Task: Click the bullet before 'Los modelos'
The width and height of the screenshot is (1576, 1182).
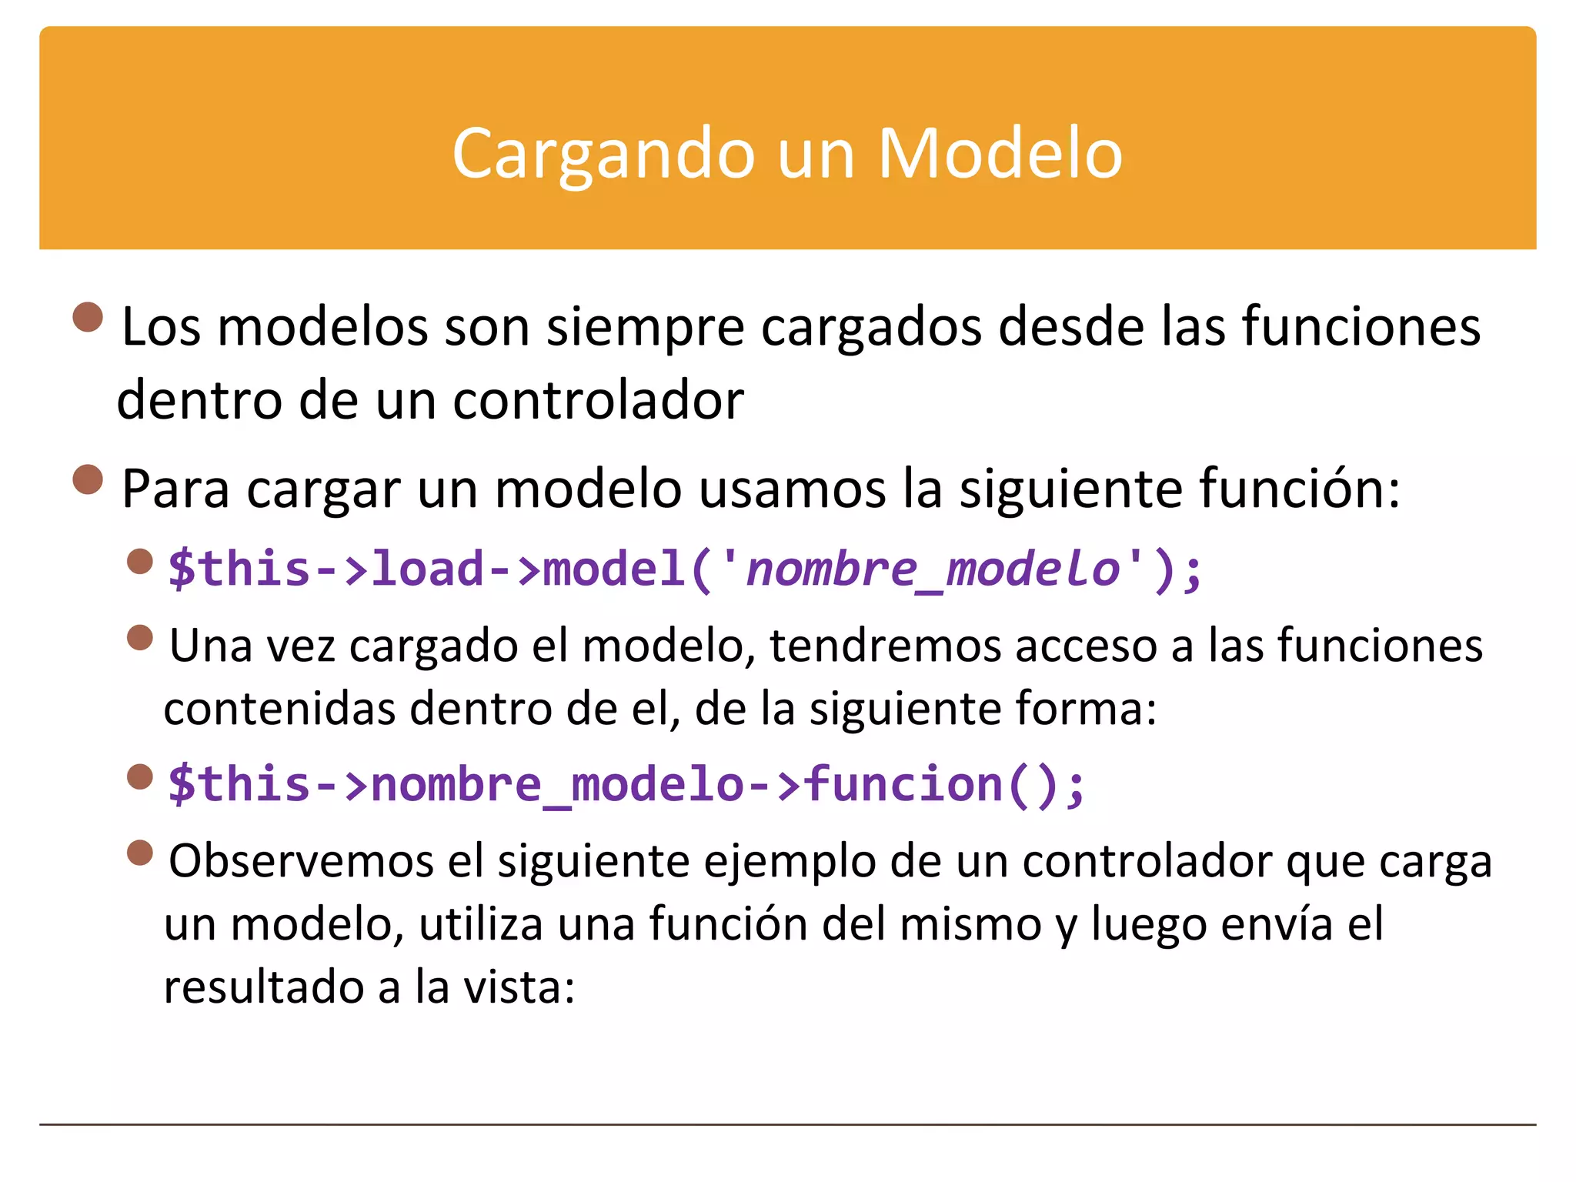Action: (x=88, y=317)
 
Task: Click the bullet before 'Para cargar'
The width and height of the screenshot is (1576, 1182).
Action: (x=88, y=479)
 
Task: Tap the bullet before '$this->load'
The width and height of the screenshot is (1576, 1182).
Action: (x=139, y=561)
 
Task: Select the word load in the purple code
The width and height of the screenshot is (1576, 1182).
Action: (x=428, y=569)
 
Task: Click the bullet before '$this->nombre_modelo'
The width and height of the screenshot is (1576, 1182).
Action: (x=139, y=776)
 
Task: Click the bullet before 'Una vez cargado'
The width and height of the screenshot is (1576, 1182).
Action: (x=139, y=637)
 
